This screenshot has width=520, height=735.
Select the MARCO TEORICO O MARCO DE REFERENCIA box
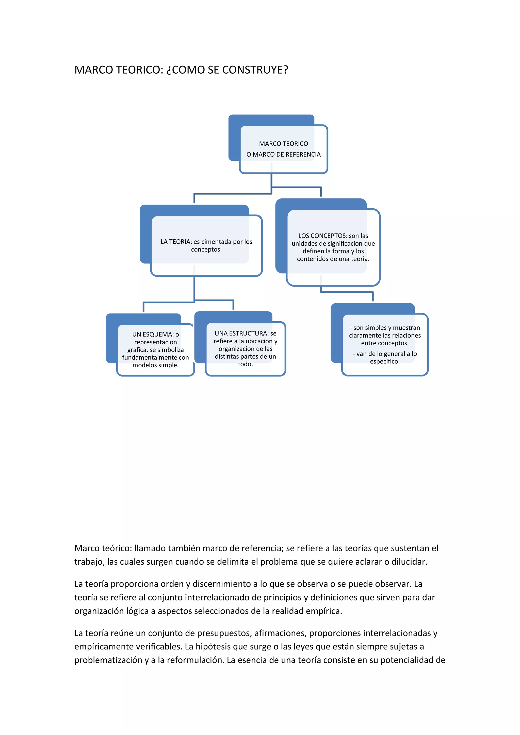[x=283, y=149]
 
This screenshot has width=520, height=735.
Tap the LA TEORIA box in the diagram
[x=206, y=245]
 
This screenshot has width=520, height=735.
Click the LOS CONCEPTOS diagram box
[x=333, y=247]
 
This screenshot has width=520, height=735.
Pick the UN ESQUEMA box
[x=156, y=349]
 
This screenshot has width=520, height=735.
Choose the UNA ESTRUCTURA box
[x=245, y=349]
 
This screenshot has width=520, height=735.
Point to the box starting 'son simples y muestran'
[x=385, y=344]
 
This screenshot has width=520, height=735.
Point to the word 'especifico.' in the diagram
[x=385, y=362]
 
